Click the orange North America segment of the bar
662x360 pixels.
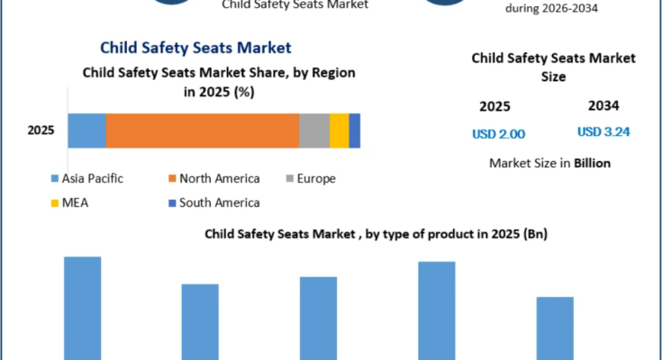pos(203,130)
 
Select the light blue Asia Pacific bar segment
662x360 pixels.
pos(87,130)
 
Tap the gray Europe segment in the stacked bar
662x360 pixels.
pos(314,130)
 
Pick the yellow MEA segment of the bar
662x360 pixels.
pos(339,130)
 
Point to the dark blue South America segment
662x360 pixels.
pos(355,130)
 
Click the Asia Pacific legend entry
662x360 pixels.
pos(87,178)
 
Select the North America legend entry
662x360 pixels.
pos(214,178)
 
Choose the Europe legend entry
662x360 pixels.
pos(311,178)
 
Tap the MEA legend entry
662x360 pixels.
pos(69,203)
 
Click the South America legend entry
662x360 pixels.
pos(214,203)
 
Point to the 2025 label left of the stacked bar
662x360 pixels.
pos(41,130)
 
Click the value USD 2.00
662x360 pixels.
pos(499,134)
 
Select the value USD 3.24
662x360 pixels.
pos(603,132)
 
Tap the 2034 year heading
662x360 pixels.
pos(603,105)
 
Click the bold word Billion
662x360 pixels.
pos(592,163)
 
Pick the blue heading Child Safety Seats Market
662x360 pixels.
pos(195,48)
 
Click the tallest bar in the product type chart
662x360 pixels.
pos(83,308)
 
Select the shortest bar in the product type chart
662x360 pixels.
pos(555,328)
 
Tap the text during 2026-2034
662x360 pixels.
pos(551,8)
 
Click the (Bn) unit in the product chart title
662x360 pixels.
pos(535,234)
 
